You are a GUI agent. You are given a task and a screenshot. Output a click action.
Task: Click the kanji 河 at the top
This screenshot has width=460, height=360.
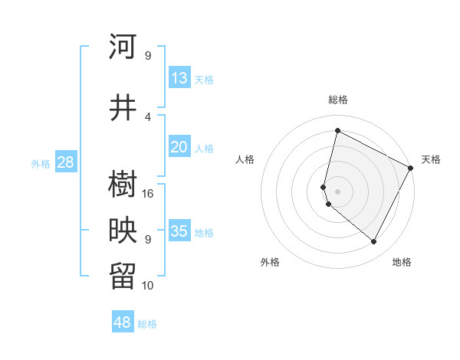pos(123,47)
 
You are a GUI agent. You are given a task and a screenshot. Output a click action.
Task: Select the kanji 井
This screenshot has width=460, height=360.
pos(123,107)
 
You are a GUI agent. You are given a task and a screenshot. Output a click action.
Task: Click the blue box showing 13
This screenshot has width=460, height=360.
pos(179,77)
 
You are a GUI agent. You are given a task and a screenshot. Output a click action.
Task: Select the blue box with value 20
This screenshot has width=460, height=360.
pos(179,147)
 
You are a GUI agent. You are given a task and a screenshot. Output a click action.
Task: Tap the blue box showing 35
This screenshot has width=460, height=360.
pos(179,231)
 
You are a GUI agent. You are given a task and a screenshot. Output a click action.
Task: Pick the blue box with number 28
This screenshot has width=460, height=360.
pos(65,162)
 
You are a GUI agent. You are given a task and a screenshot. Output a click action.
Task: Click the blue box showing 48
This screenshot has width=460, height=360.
pos(123,322)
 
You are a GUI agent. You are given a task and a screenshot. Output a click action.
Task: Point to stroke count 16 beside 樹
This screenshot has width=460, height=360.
pos(148,193)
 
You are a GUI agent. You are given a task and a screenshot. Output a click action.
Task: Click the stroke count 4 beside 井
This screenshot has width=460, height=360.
pos(148,116)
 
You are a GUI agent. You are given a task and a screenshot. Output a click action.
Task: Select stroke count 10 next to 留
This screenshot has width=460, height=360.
pos(148,285)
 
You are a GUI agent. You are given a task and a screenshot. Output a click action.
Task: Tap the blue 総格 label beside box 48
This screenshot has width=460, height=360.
pos(147,324)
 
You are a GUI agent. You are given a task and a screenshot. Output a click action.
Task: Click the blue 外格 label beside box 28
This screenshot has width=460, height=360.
pos(41,163)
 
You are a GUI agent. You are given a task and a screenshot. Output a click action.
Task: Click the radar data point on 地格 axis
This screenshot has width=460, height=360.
pos(373,242)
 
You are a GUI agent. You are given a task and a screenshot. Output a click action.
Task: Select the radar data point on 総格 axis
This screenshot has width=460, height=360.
pos(337,131)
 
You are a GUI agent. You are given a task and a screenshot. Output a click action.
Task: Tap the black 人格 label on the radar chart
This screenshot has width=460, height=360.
pos(245,159)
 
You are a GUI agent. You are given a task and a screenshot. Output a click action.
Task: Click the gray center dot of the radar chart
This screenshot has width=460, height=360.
pos(337,190)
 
